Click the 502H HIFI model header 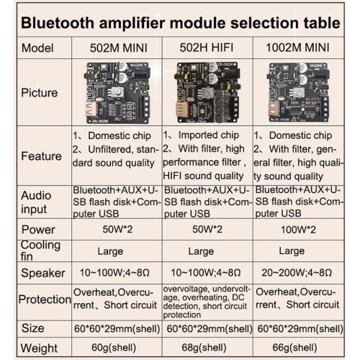[x=207, y=48]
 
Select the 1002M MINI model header [x=297, y=48]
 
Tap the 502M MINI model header [x=119, y=48]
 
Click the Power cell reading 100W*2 [x=298, y=230]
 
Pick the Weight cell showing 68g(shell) [x=204, y=348]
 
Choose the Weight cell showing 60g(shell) [x=114, y=348]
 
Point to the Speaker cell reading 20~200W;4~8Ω [x=297, y=273]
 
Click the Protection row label [x=45, y=300]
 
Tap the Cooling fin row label [x=40, y=251]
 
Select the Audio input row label [x=36, y=202]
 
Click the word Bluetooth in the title [x=58, y=23]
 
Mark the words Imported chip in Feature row [x=209, y=135]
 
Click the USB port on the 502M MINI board [x=91, y=109]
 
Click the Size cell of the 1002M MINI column [x=300, y=328]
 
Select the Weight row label [x=39, y=348]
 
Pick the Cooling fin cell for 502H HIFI [x=201, y=251]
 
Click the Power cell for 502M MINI [x=117, y=229]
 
